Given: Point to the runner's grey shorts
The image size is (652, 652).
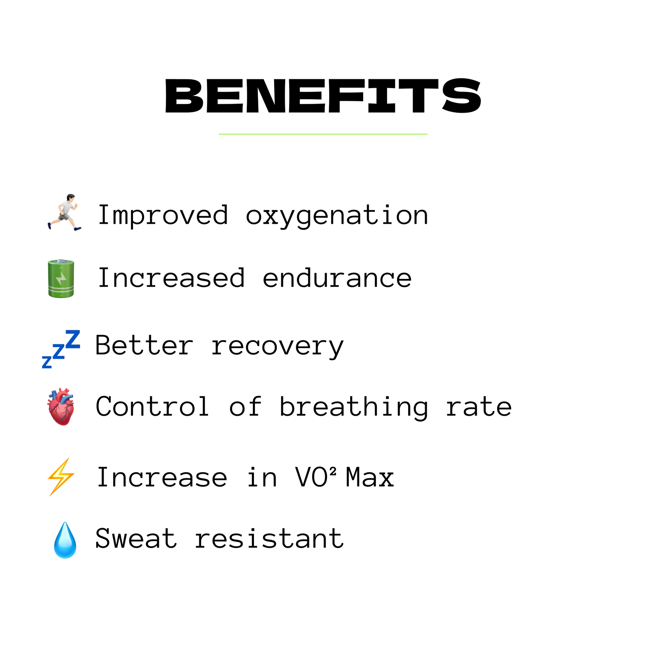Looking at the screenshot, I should (x=63, y=217).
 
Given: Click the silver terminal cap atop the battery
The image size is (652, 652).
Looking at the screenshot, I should (x=61, y=261).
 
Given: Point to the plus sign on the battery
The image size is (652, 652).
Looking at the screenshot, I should (x=61, y=268).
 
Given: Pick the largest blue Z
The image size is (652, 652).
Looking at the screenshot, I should (x=73, y=339).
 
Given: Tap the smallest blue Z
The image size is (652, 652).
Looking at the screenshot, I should (x=47, y=363).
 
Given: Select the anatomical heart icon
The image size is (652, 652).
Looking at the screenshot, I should (x=61, y=407).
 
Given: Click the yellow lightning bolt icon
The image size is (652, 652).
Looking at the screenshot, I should (x=61, y=476).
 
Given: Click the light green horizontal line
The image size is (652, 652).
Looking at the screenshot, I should (x=323, y=134).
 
